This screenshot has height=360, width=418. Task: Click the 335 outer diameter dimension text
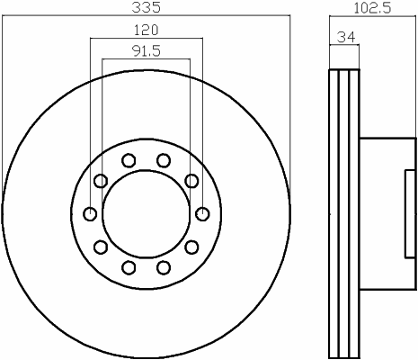coord(147,7)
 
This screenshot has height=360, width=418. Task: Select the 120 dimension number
coord(146,30)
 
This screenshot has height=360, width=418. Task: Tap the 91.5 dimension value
coord(147,51)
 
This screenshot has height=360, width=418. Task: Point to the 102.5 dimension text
coord(372,8)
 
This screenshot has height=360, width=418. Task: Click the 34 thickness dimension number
coord(346,37)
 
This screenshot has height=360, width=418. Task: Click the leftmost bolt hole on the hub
coord(90,214)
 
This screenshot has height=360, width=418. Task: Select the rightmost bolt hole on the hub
coord(202,214)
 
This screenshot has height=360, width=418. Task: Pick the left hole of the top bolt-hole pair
coord(129,160)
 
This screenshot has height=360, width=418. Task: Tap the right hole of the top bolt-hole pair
coord(164,160)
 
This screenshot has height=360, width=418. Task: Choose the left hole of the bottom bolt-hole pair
coord(129,267)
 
